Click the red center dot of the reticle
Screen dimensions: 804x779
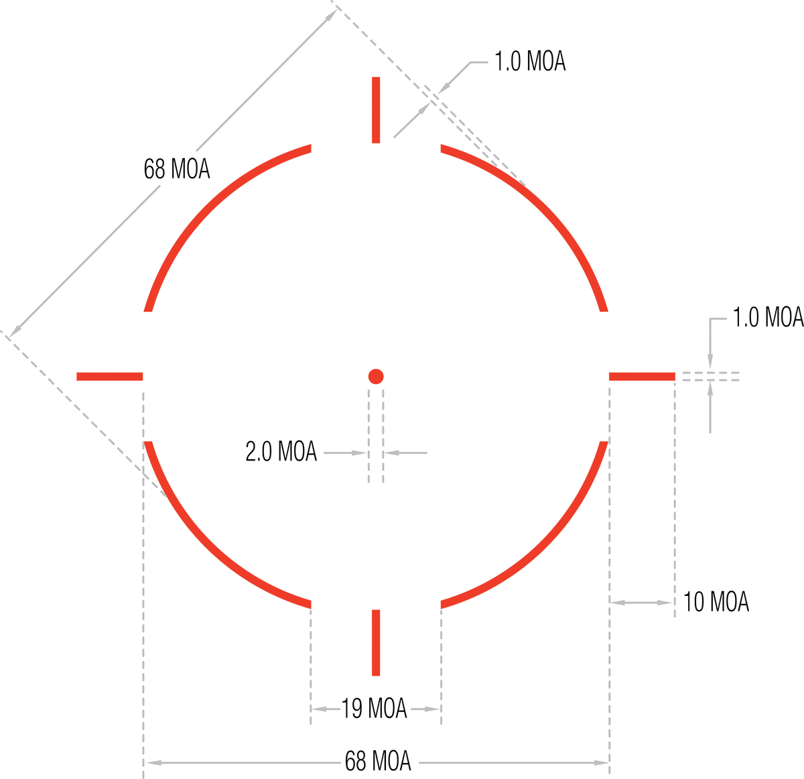pyautogui.click(x=376, y=376)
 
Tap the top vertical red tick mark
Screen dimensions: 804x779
pyautogui.click(x=376, y=110)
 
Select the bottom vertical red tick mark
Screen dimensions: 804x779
pyautogui.click(x=376, y=642)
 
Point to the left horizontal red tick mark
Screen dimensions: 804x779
pyautogui.click(x=109, y=376)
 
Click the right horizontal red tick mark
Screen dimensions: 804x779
pyautogui.click(x=642, y=376)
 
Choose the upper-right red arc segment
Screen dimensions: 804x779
pyautogui.click(x=545, y=206)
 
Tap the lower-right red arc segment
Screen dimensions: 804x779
pyautogui.click(x=545, y=546)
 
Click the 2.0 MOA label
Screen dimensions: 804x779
pyautogui.click(x=281, y=451)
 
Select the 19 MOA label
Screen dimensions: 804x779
pyautogui.click(x=374, y=709)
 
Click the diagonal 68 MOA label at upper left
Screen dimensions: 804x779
pyautogui.click(x=177, y=169)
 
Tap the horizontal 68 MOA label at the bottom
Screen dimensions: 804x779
pyautogui.click(x=378, y=761)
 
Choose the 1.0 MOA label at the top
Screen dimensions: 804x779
pyautogui.click(x=530, y=61)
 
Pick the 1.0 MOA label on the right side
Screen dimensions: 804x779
pyautogui.click(x=768, y=318)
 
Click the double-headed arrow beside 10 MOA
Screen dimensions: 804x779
pyautogui.click(x=641, y=603)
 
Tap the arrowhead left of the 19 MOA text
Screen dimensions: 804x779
pyautogui.click(x=318, y=709)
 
